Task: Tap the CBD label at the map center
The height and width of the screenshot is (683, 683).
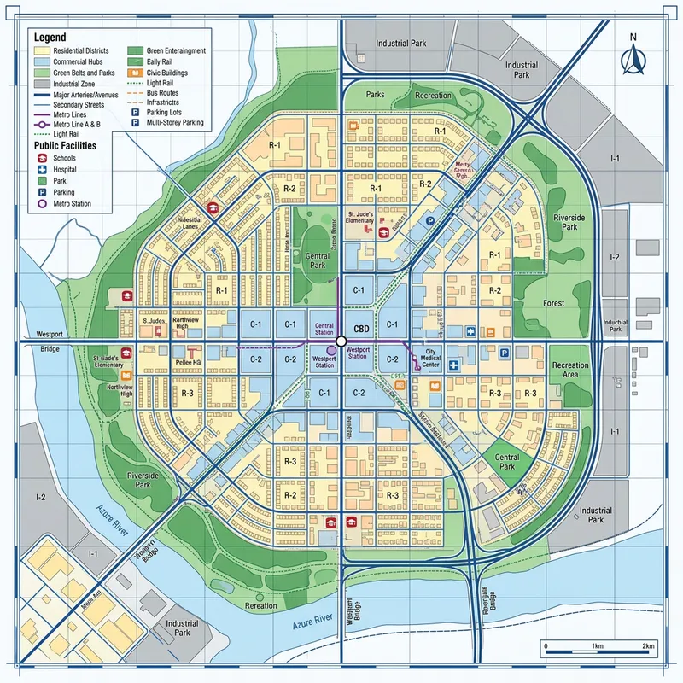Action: (x=360, y=327)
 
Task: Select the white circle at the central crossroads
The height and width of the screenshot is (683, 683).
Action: (x=341, y=341)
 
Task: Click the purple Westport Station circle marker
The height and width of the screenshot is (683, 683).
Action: (x=331, y=350)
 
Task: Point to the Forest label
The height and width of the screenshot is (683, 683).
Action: (x=554, y=303)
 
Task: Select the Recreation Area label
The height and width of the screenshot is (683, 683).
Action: (x=570, y=371)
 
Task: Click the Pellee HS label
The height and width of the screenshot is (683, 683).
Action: (x=188, y=362)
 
